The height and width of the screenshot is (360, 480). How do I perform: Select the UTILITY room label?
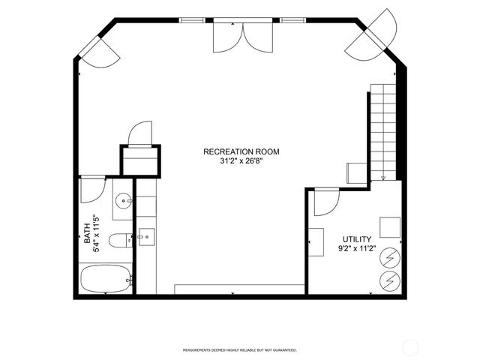pyautogui.click(x=356, y=239)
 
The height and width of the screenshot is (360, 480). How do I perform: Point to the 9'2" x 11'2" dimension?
pyautogui.click(x=356, y=248)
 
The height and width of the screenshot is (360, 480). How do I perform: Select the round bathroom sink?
pyautogui.click(x=124, y=200)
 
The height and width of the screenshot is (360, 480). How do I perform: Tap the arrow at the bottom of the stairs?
pyautogui.click(x=383, y=177)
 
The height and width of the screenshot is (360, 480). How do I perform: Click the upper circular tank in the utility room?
pyautogui.click(x=390, y=258)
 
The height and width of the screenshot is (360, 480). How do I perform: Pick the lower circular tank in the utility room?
pyautogui.click(x=390, y=281)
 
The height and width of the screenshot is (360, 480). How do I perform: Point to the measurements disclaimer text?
pyautogui.click(x=240, y=349)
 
